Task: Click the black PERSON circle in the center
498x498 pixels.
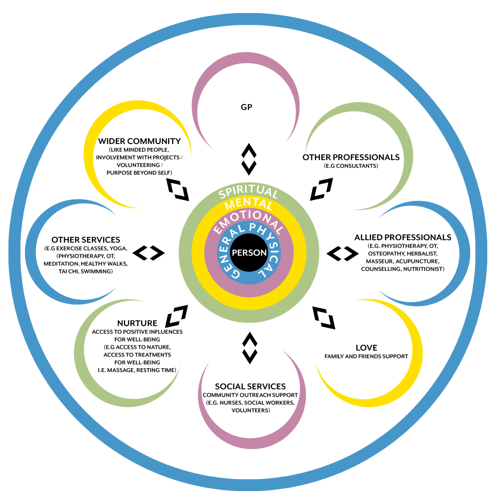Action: point(249,252)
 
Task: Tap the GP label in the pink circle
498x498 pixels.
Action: point(247,107)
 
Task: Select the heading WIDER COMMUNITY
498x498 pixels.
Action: point(140,141)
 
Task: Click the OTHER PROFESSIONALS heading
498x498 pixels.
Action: point(351,157)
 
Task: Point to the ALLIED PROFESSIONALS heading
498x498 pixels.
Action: point(403,237)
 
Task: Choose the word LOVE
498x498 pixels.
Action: point(366,348)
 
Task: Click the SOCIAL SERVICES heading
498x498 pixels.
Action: point(250,387)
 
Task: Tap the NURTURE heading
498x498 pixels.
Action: point(137,323)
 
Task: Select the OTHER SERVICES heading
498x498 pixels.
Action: point(86,240)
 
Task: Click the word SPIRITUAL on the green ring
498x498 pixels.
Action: point(248,193)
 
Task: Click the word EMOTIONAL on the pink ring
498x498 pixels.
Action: point(248,218)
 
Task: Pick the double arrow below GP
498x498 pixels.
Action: point(249,159)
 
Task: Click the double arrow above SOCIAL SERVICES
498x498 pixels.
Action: point(249,348)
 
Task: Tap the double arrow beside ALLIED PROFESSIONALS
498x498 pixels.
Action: point(342,253)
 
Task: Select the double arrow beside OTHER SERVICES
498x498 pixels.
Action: point(149,253)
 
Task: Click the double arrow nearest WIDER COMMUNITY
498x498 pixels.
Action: point(177,189)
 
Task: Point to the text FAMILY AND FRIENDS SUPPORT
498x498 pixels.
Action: point(366,356)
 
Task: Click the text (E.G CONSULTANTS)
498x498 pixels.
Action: point(351,166)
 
